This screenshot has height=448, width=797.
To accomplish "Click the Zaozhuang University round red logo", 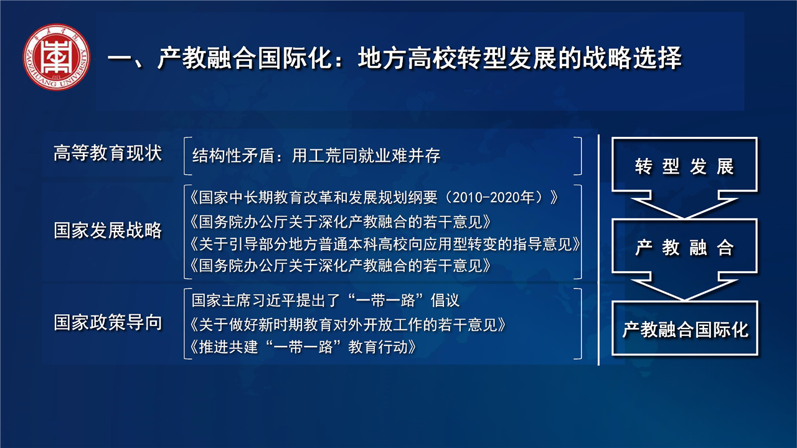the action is point(56,57).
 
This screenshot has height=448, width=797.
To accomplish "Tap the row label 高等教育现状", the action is point(108,153).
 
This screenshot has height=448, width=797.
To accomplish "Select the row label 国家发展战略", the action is point(108,230).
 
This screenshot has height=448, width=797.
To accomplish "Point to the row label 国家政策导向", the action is point(108,322).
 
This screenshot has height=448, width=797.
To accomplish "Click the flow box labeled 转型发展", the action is point(684,166).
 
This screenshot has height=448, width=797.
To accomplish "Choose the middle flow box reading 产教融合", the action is point(684,247).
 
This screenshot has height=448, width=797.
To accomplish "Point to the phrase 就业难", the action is point(383,156).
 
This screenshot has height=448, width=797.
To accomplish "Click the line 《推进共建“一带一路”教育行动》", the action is point(303,347).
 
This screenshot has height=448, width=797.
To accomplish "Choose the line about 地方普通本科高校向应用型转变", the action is point(385,245).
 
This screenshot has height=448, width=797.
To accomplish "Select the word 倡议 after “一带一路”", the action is point(445,301).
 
